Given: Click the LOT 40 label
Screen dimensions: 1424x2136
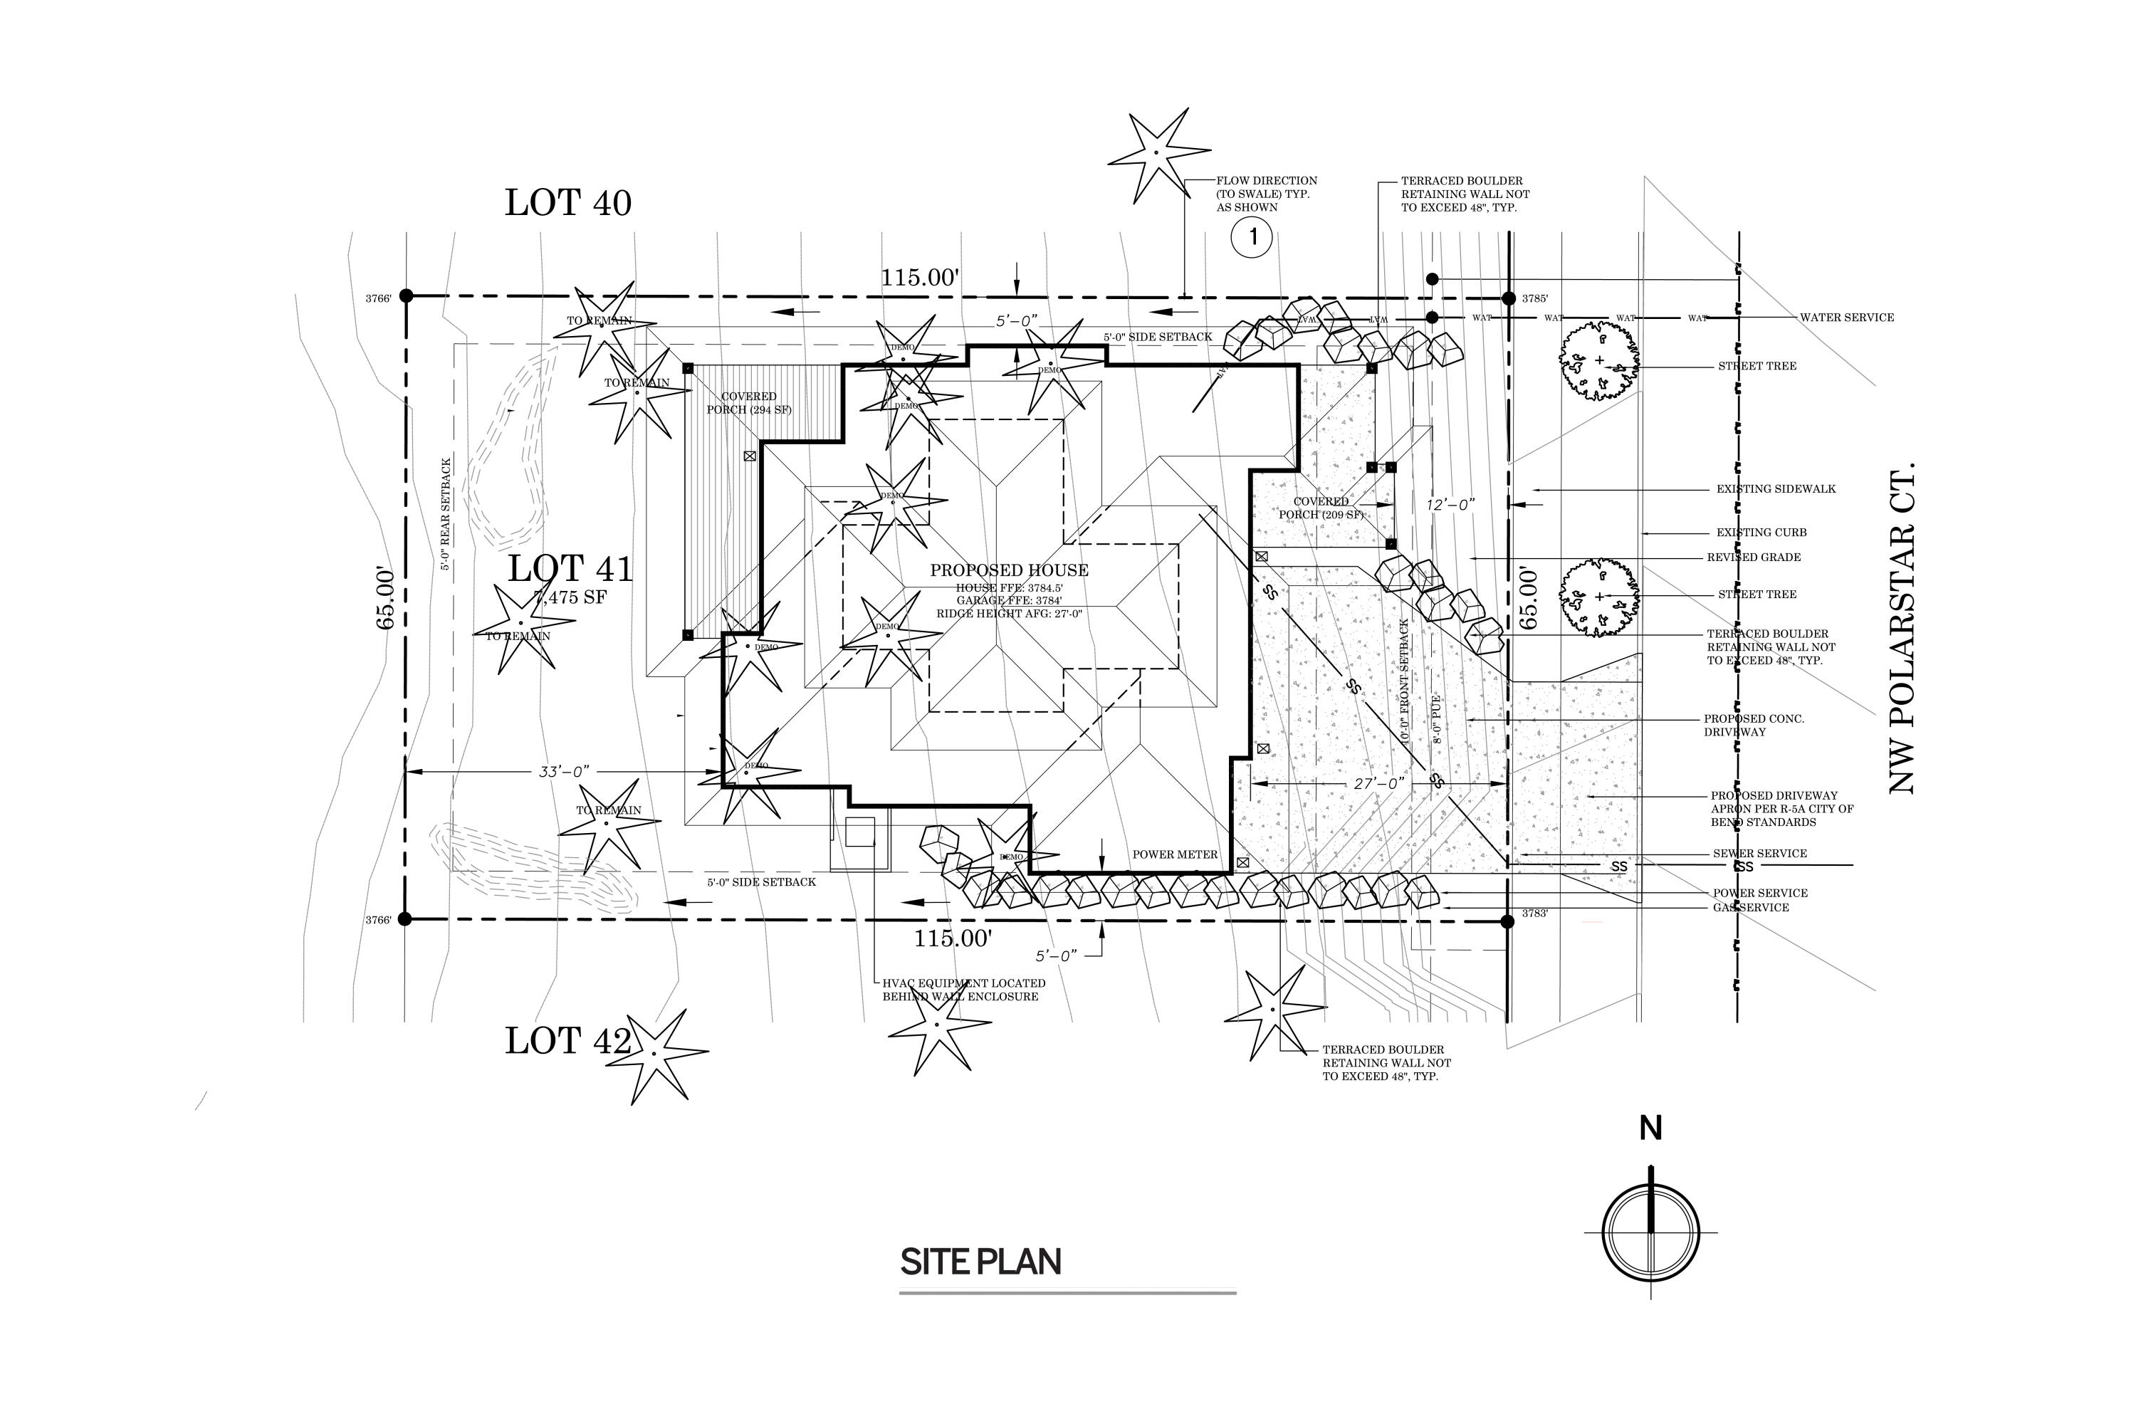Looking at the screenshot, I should pyautogui.click(x=567, y=202).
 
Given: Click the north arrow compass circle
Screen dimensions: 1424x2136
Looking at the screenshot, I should pyautogui.click(x=1650, y=1232).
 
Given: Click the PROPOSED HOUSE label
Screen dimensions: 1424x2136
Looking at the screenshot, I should pyautogui.click(x=1009, y=570).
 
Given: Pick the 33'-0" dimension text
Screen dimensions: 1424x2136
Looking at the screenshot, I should pyautogui.click(x=564, y=772).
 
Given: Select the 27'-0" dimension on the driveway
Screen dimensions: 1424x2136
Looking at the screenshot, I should pyautogui.click(x=1378, y=782).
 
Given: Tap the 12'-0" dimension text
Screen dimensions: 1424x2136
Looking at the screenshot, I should pyautogui.click(x=1450, y=504).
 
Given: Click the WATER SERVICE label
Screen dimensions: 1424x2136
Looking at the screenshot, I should pyautogui.click(x=1847, y=318).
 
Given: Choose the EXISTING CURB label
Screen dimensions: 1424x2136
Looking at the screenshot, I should pyautogui.click(x=1761, y=533).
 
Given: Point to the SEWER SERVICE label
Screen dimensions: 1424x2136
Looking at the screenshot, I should pyautogui.click(x=1759, y=854).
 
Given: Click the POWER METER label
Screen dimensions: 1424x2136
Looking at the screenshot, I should pyautogui.click(x=1174, y=854).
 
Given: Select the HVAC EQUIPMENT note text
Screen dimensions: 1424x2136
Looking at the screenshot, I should pyautogui.click(x=963, y=990).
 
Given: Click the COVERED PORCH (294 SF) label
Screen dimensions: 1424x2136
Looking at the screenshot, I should pyautogui.click(x=748, y=403).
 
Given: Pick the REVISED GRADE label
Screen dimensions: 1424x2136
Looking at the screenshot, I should pyautogui.click(x=1753, y=557).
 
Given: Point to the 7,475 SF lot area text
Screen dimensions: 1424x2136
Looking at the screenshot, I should pyautogui.click(x=570, y=597).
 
